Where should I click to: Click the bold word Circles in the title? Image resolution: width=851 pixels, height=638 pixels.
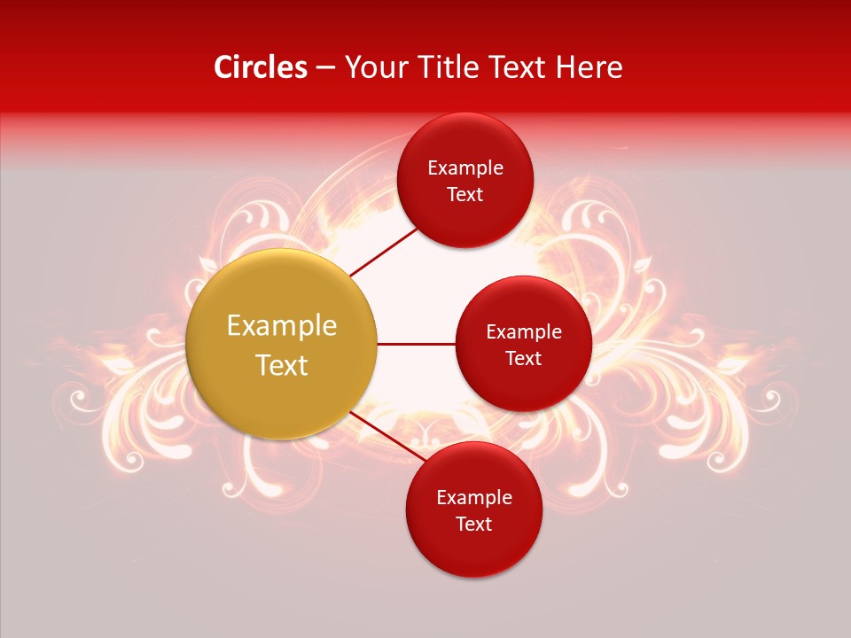click(260, 67)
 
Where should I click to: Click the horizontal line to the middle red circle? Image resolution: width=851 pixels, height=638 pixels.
click(417, 344)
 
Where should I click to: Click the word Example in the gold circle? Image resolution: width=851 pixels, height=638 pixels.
click(281, 326)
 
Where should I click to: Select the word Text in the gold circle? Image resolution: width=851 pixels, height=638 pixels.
click(281, 365)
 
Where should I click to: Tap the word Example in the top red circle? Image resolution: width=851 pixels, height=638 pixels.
click(465, 168)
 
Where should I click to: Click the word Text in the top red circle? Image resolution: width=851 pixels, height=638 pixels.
click(465, 194)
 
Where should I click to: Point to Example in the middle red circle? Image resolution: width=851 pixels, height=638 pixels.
click(523, 332)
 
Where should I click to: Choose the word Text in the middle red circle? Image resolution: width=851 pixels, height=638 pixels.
click(523, 358)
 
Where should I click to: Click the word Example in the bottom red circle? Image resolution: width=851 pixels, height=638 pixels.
click(473, 498)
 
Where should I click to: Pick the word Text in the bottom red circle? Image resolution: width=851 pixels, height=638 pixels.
click(473, 524)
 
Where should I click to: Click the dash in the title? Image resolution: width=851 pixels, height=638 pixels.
click(324, 68)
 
